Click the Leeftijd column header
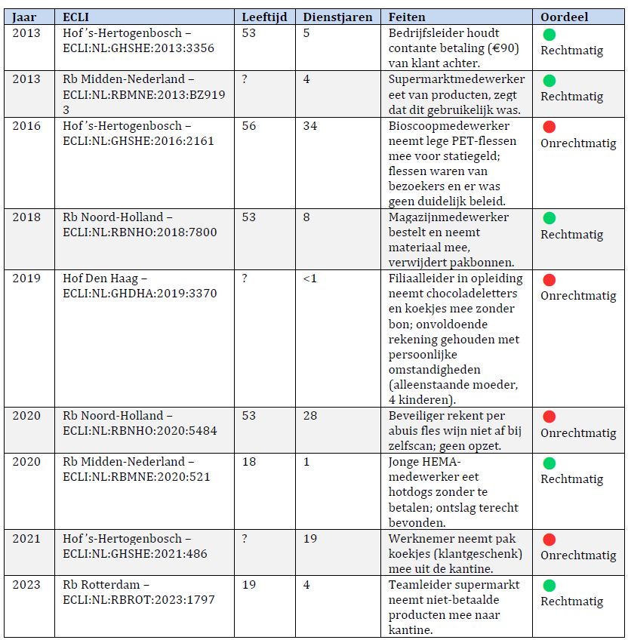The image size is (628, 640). click(264, 17)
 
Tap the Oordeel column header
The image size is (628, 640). click(565, 17)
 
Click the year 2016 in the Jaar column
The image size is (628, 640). click(26, 126)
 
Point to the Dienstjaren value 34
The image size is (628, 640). click(310, 126)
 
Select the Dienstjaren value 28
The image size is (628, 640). click(310, 416)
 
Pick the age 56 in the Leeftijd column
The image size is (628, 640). click(249, 126)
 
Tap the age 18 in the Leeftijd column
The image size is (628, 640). click(249, 462)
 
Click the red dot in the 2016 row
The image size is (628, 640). click(549, 127)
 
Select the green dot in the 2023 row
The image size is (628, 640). click(549, 586)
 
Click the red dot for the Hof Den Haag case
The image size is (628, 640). click(549, 279)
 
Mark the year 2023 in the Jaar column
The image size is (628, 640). click(26, 585)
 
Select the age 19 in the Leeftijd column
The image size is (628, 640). click(249, 585)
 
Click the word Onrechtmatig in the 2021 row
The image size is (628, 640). click(578, 555)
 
